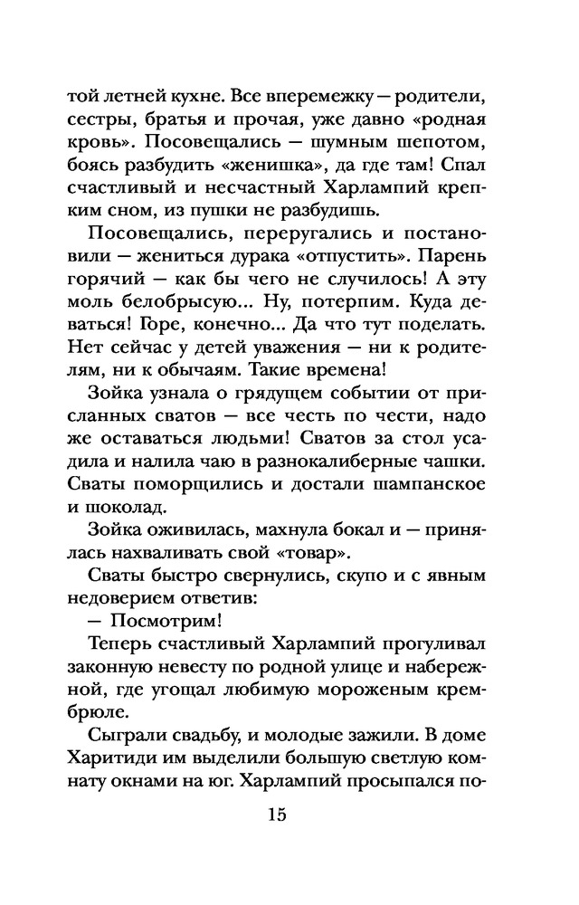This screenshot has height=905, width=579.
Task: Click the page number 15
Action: coord(277,814)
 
